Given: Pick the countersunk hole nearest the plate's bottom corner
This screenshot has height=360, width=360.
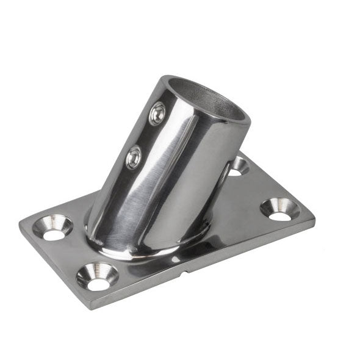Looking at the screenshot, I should [97, 276].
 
